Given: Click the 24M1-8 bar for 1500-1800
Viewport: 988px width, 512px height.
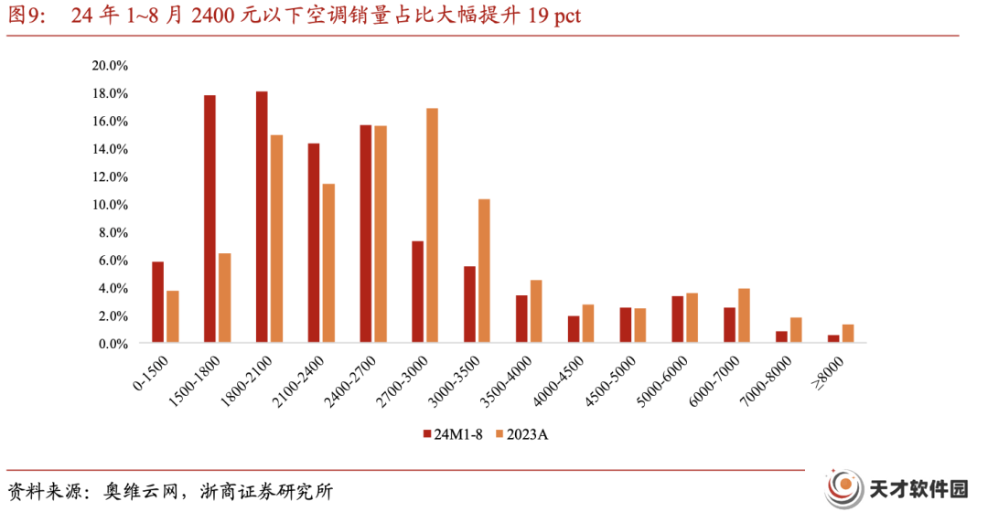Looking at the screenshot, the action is [209, 219].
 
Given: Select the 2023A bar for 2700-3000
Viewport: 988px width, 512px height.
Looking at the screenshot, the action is [432, 226].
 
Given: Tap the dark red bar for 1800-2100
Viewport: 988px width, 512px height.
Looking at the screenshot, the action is [262, 217].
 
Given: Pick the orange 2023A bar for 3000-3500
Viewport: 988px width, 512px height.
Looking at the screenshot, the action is [484, 271].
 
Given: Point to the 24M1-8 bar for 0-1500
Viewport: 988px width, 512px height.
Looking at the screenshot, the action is [157, 303].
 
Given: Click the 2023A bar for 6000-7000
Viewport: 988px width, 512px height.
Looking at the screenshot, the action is [744, 315].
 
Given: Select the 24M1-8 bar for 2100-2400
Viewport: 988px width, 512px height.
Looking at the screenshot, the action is [314, 243].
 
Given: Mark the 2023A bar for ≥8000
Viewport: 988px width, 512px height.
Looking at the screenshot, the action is [848, 334].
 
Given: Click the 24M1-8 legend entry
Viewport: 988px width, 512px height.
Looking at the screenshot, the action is [453, 434].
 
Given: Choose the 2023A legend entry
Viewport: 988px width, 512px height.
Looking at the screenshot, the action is [522, 434].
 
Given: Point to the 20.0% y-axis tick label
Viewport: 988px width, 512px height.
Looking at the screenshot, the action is [110, 66].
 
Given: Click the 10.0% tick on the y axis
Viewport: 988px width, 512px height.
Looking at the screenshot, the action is [110, 205].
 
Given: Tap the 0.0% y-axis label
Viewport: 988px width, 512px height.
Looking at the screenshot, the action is [113, 344].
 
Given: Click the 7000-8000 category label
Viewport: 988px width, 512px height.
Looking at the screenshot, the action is [767, 381].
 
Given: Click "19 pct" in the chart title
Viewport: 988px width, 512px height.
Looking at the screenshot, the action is [553, 16].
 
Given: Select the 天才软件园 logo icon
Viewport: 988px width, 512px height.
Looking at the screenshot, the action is [844, 489].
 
